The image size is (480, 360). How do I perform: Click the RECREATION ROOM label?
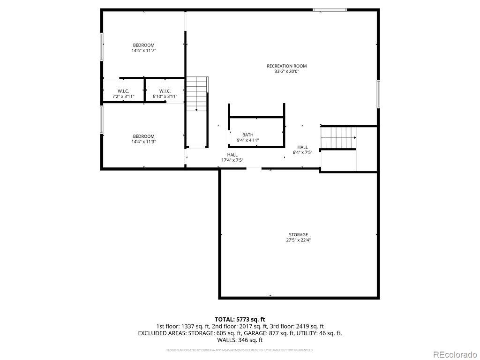pyautogui.click(x=286, y=66)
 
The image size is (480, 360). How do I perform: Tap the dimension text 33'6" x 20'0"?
pyautogui.click(x=286, y=72)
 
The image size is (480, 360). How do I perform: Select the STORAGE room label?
pyautogui.click(x=298, y=234)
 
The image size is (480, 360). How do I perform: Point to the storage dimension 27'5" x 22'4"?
pyautogui.click(x=298, y=240)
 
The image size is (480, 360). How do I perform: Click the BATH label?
pyautogui.click(x=247, y=135)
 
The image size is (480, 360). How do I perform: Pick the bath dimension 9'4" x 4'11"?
pyautogui.click(x=247, y=140)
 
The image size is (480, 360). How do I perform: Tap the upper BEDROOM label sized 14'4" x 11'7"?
pyautogui.click(x=143, y=45)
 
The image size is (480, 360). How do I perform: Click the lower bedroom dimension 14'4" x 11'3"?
pyautogui.click(x=143, y=142)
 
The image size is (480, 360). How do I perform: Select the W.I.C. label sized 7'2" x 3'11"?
pyautogui.click(x=123, y=91)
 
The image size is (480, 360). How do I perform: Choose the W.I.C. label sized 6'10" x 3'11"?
pyautogui.click(x=165, y=91)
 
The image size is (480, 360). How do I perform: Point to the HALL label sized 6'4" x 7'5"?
pyautogui.click(x=302, y=147)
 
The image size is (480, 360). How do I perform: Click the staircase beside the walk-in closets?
pyautogui.click(x=196, y=94)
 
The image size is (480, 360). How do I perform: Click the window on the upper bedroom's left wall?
pyautogui.click(x=101, y=46)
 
